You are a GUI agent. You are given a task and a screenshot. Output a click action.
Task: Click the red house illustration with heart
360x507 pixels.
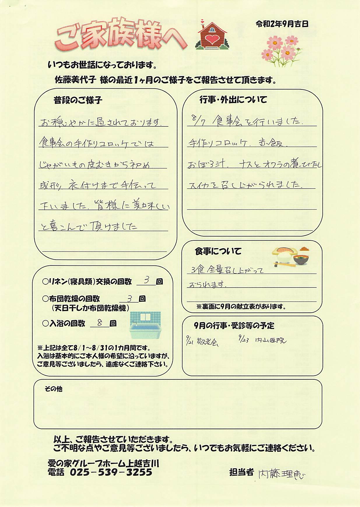click(x=212, y=35)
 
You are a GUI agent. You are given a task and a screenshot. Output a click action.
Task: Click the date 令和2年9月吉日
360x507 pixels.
click(x=282, y=24)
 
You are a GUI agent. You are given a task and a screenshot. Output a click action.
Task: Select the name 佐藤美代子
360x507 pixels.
click(x=75, y=80)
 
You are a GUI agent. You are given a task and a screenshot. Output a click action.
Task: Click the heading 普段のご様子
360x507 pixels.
click(x=78, y=101)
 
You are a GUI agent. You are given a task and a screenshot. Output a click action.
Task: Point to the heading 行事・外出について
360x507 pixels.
click(x=233, y=100)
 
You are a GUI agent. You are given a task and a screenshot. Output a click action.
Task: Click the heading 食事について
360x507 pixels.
click(x=218, y=251)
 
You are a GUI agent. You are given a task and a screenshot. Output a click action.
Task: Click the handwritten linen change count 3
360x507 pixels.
click(x=147, y=280)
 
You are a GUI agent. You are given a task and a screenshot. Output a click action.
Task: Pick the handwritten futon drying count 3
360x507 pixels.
click(x=130, y=298)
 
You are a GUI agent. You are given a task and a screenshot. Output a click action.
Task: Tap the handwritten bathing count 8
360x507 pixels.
click(x=100, y=323)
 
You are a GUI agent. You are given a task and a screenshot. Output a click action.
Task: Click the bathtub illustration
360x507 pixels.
click(x=145, y=325)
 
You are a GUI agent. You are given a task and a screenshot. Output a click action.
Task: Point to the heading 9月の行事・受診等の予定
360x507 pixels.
click(x=234, y=325)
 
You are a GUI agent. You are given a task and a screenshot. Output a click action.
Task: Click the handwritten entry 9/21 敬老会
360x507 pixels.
click(x=202, y=341)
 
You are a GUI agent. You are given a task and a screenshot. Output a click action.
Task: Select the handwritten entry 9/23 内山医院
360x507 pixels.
click(x=262, y=340)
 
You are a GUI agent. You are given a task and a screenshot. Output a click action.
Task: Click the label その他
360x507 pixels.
click(x=53, y=389)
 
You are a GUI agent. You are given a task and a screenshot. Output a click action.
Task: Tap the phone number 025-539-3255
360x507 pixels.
click(x=111, y=472)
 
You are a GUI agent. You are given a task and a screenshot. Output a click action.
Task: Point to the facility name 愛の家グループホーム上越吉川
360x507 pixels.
click(x=103, y=463)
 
